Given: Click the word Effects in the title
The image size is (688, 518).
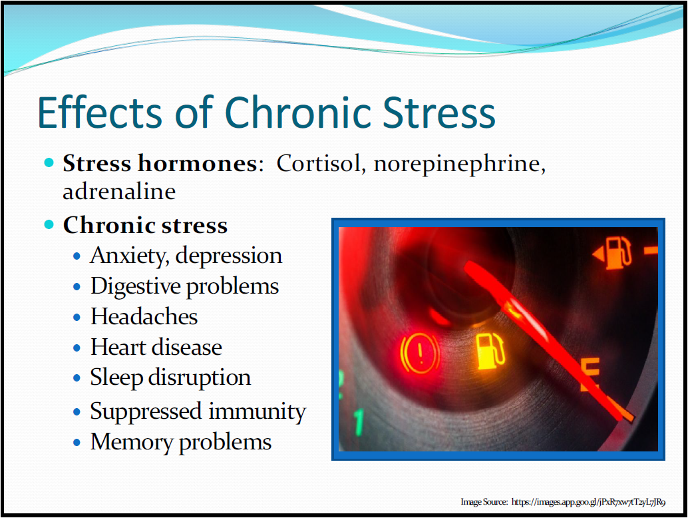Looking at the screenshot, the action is coord(100,113).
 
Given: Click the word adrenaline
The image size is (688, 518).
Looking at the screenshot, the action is coord(119,191).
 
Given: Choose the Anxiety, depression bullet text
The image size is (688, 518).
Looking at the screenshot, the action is coord(186,256).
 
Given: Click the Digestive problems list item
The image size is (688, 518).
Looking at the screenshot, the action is coord(185,287).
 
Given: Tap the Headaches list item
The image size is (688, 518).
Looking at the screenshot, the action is coord(144,316).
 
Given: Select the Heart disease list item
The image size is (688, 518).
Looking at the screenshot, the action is coord(156,348).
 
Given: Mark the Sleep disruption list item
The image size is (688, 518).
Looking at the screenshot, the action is coord(171,378).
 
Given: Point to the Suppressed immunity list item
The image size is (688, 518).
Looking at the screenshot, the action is coord(198,412).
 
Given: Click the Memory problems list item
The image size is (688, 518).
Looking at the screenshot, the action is coord(181,442).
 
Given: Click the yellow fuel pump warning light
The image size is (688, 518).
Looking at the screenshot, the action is coord(490,351).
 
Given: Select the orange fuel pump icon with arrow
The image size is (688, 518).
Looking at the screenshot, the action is coord(613,253).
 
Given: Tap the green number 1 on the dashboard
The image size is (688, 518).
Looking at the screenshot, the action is coord(359,422).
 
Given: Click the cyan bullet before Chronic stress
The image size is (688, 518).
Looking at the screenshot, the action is coord(49,225).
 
